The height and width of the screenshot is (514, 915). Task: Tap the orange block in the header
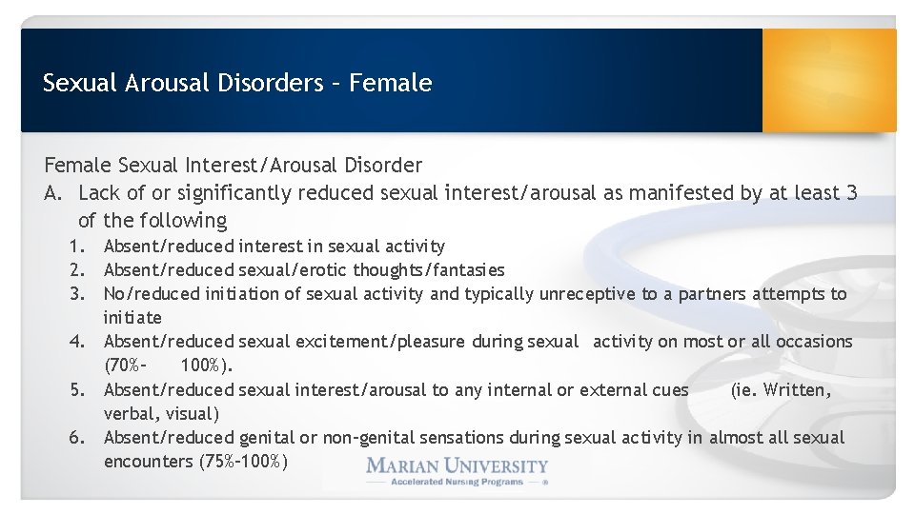click(x=828, y=80)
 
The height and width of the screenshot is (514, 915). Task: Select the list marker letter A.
click(x=53, y=194)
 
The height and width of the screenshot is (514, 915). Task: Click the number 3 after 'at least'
click(x=850, y=194)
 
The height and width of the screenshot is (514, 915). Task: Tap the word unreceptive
click(x=588, y=294)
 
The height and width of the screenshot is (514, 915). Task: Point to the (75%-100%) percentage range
click(x=244, y=463)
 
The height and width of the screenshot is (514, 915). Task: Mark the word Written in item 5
click(x=798, y=390)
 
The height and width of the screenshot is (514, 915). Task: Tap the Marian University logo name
click(x=457, y=466)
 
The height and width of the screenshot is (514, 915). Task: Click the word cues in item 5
click(x=669, y=390)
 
